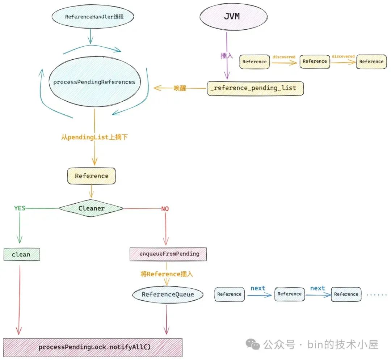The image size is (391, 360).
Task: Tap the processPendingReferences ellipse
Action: click(94, 82)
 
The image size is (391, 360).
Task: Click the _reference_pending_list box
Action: click(255, 88)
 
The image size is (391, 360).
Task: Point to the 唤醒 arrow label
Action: click(180, 88)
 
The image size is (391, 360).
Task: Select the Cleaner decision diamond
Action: click(91, 208)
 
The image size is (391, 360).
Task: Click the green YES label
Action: click(20, 208)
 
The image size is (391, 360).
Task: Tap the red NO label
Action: click(165, 209)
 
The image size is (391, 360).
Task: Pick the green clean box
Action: click(21, 254)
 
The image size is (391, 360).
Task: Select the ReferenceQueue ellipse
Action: click(167, 294)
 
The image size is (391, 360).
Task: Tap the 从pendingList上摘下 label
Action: click(94, 137)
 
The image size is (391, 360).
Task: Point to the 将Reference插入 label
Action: click(167, 274)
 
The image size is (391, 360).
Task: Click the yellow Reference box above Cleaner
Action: click(91, 176)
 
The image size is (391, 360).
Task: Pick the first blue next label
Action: click(258, 288)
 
